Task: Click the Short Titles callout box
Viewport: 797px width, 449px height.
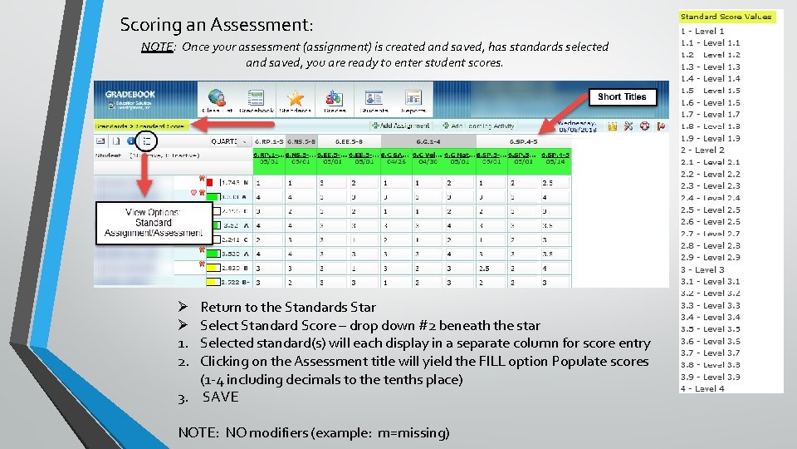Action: tap(622, 96)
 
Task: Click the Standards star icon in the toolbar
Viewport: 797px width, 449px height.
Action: tap(295, 100)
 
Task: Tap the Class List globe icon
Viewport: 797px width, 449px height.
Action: tap(218, 100)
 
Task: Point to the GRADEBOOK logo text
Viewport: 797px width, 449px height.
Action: tap(130, 95)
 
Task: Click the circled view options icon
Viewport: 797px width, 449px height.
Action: tap(147, 141)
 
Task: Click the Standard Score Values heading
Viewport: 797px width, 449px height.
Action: tap(726, 17)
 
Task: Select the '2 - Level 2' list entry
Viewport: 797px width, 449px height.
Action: tap(702, 150)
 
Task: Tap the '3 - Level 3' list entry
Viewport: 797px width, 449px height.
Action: tap(702, 269)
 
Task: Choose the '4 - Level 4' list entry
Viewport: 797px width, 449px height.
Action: tap(702, 388)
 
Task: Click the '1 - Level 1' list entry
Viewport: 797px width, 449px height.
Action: tap(702, 32)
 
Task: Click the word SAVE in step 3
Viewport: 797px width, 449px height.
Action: tap(220, 397)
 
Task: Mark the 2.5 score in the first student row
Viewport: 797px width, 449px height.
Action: tap(548, 183)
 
